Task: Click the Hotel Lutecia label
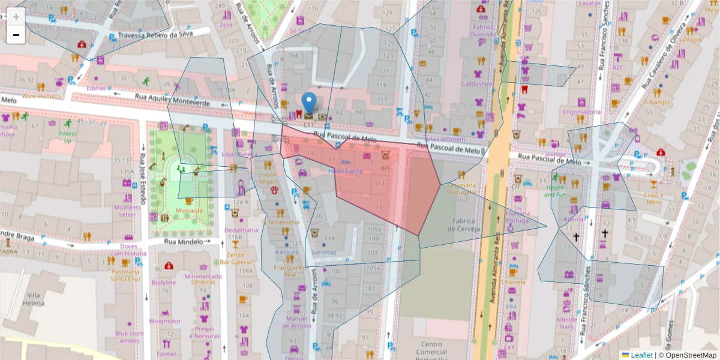click(x=346, y=171)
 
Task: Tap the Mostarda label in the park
click(x=189, y=211)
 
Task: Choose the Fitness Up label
click(x=68, y=137)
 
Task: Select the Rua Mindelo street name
click(x=182, y=241)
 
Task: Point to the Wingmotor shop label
click(x=165, y=321)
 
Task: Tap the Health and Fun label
click(x=555, y=191)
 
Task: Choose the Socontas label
click(x=324, y=253)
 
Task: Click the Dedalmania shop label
click(x=241, y=229)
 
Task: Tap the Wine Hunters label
click(x=41, y=95)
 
